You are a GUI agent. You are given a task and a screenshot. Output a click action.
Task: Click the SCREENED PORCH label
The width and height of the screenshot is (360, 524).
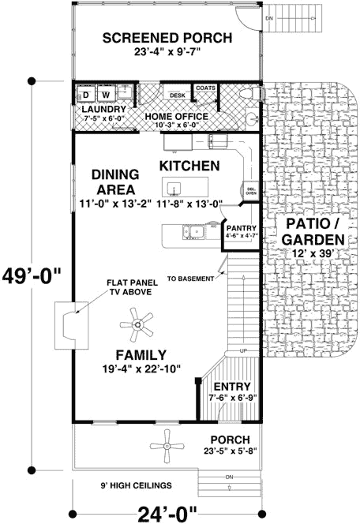(167, 38)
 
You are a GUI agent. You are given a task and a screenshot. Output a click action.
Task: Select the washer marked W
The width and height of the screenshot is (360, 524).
(106, 95)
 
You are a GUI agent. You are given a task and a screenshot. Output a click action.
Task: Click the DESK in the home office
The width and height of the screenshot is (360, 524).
(177, 95)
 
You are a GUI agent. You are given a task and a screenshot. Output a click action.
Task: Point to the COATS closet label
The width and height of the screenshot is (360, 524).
(206, 88)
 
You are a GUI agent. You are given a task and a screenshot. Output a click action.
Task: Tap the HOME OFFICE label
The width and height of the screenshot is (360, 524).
(176, 116)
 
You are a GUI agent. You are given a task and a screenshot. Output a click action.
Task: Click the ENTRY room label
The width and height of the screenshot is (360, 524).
(231, 386)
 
